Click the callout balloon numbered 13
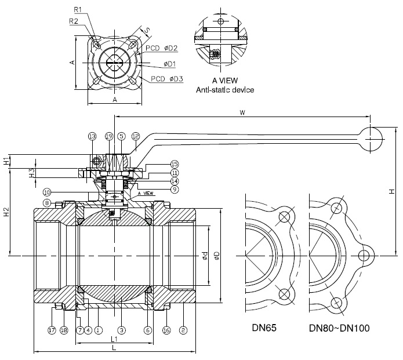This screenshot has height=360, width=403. coord(92,136)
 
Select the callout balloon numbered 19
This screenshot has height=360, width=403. coord(109,136)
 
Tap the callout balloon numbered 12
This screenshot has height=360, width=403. coord(135,136)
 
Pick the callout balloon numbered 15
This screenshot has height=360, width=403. coord(174,164)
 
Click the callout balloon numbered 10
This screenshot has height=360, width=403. coord(46,192)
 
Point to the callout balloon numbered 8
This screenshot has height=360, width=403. coord(51,203)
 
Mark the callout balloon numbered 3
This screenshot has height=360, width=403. coord(121,330)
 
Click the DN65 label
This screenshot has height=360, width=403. coord(264,328)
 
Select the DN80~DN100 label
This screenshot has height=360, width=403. coord(339,328)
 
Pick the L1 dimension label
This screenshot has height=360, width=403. coord(114,339)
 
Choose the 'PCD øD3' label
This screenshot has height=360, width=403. coord(167,78)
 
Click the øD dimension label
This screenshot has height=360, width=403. coord(216,255)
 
